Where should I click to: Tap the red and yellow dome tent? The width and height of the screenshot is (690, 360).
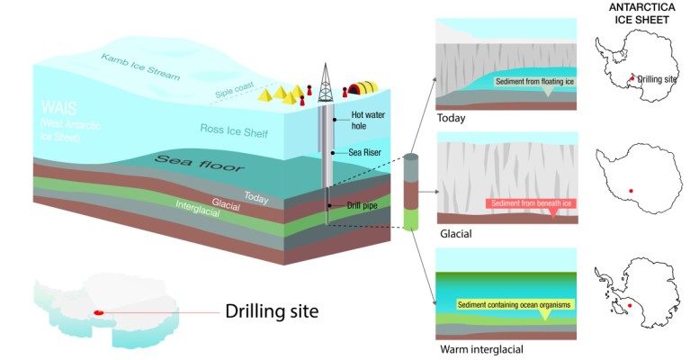(360, 88)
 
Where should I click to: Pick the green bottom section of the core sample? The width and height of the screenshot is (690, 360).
(411, 220)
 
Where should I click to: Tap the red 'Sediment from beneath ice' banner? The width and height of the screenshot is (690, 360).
(534, 203)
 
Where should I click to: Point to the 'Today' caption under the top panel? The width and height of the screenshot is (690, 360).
(451, 118)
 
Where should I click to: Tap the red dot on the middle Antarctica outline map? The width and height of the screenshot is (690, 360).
(631, 191)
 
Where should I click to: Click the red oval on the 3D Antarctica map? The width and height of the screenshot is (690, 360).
(99, 313)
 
